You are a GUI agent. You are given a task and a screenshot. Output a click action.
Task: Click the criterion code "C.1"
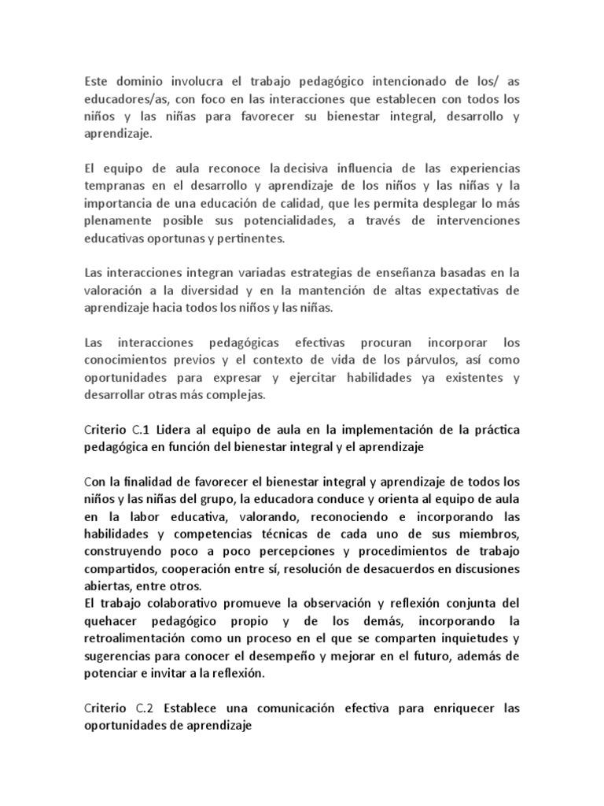[139, 430]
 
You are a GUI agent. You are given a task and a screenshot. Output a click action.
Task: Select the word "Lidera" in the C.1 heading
[175, 430]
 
